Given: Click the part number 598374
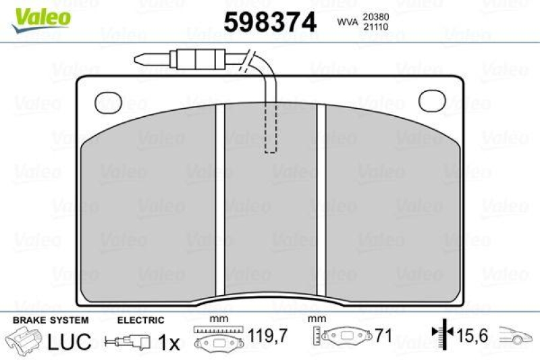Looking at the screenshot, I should click(x=270, y=23).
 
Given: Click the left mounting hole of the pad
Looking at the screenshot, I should click(x=108, y=102).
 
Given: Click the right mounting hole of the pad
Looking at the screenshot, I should click(x=432, y=101).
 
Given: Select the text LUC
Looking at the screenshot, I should click(x=69, y=342).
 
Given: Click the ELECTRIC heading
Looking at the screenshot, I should click(x=140, y=320).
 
